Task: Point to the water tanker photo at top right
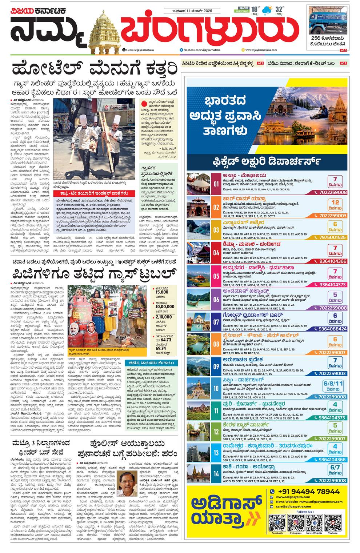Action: (x=328, y=20)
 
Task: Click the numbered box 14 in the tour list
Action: (x=216, y=474)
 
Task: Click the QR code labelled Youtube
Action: (x=332, y=522)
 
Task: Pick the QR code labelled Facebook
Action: (x=277, y=522)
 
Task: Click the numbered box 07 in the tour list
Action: (x=216, y=322)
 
